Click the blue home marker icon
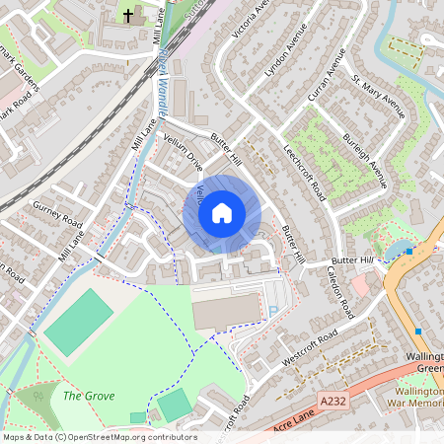click(x=221, y=213)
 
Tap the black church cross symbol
click(x=128, y=16)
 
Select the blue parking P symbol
click(x=273, y=311)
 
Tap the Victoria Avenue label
click(x=249, y=25)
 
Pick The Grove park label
click(x=89, y=396)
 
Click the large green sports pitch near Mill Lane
click(x=79, y=323)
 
